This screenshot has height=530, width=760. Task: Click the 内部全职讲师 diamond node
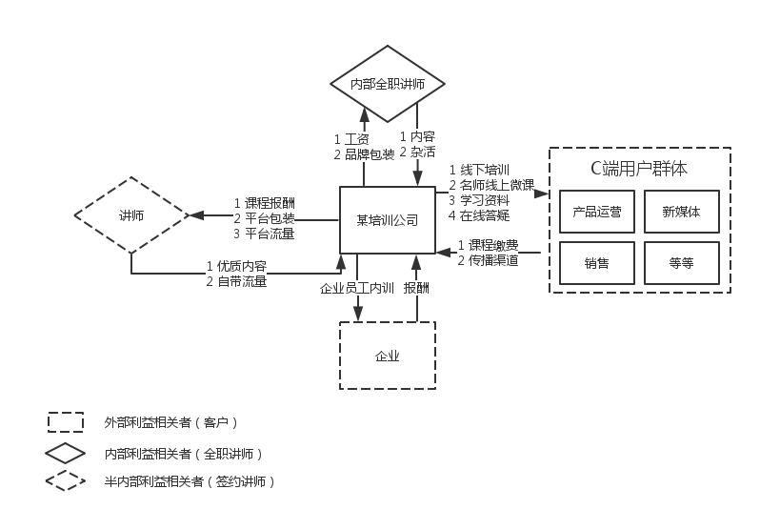(x=388, y=84)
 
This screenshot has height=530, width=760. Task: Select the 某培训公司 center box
(x=388, y=220)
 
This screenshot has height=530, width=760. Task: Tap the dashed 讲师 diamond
(x=131, y=215)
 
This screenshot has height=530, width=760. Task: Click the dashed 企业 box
(x=388, y=356)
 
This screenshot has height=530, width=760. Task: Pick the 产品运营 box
(x=596, y=212)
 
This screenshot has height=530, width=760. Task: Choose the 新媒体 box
(x=681, y=212)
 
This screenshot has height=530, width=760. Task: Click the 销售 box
(x=596, y=263)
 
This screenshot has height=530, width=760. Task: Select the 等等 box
(x=681, y=263)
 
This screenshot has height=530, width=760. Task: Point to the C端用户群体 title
(x=639, y=169)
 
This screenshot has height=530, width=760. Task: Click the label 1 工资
(x=351, y=139)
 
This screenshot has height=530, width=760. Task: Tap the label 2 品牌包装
(x=364, y=153)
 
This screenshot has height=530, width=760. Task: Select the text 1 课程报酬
(x=264, y=203)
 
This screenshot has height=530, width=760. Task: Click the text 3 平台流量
(x=264, y=233)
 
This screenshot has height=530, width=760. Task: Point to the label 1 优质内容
(x=236, y=266)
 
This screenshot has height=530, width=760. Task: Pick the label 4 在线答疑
(x=479, y=215)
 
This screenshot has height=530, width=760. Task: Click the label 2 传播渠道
(x=488, y=259)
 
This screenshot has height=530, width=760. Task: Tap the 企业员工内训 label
(x=357, y=288)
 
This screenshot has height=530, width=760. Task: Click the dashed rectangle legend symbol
(x=66, y=421)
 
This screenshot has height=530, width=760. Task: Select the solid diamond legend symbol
(x=66, y=453)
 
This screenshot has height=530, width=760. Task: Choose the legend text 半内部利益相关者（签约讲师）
(x=190, y=481)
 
